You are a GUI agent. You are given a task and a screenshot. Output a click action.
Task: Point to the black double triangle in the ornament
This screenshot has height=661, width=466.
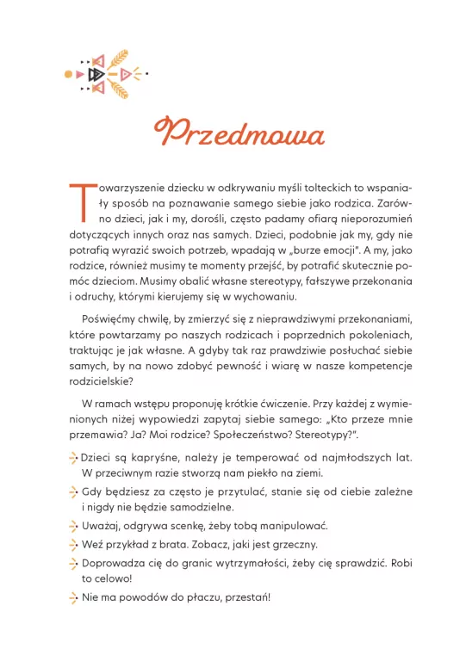(x=89, y=74)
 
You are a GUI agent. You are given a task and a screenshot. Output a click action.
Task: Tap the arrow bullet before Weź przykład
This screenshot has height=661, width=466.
(x=72, y=545)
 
